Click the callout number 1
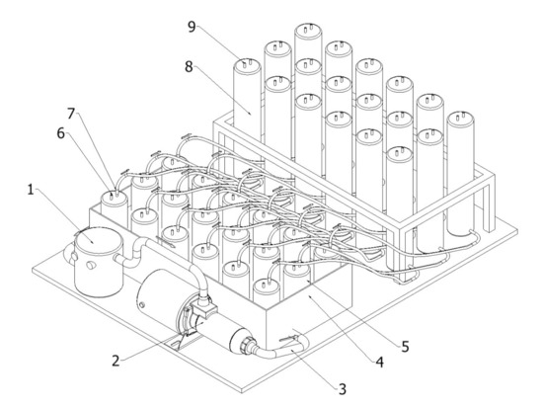31,190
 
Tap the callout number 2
116,361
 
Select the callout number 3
343,389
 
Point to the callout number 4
380,362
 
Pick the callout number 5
405,346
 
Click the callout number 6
61,133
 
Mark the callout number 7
71,114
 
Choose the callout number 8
189,67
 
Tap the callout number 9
192,27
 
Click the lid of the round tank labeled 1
99,240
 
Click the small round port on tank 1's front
90,266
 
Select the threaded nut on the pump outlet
247,346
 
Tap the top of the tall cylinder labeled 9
247,65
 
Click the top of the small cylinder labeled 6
114,198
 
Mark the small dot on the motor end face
141,305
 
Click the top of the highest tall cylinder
308,30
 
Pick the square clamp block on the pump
205,307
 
